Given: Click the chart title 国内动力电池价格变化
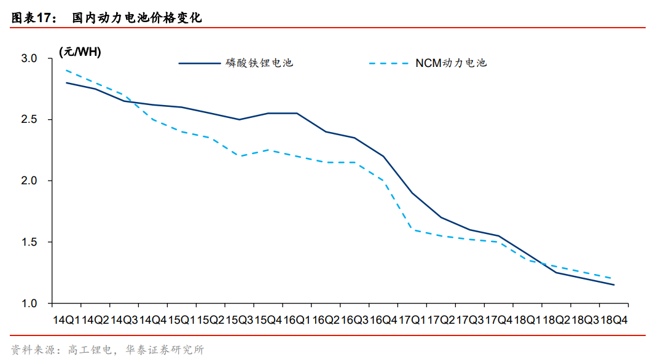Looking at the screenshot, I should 136,18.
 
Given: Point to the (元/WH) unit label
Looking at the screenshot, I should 80,52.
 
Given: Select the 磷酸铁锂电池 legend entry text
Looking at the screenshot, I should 259,63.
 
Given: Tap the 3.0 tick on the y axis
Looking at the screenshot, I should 29,58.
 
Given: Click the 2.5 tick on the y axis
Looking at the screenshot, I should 29,120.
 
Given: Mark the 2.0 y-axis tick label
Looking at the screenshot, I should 29,181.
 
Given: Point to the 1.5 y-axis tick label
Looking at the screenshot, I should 29,243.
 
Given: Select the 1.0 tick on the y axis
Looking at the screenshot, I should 29,303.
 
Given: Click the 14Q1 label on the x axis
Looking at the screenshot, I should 66,319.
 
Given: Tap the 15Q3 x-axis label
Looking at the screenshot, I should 239,319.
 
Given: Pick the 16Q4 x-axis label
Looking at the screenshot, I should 383,319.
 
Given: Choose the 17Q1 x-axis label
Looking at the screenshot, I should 412,319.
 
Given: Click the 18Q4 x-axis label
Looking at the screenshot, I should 614,319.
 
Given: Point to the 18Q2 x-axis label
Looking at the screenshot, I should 557,319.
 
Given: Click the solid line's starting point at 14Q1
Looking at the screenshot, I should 66,82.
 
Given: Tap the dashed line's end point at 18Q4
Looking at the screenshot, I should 614,279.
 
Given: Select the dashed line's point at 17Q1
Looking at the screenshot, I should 412,230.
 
